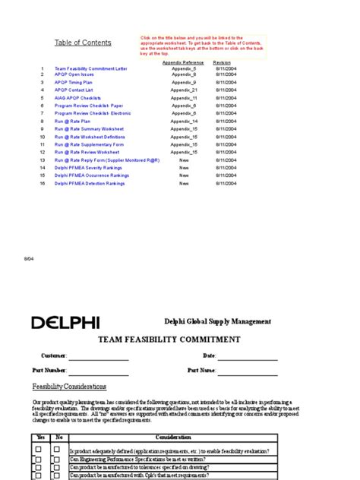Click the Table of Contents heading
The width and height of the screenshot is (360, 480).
coord(83,43)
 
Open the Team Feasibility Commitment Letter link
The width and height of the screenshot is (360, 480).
coord(91,68)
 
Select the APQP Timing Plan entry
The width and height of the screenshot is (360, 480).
coord(74,83)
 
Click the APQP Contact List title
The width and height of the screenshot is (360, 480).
coord(74,90)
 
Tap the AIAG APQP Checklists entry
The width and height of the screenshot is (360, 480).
coord(77,99)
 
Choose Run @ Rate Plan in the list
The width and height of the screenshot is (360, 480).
coord(73,122)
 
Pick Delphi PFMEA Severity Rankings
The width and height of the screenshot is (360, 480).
coord(87,168)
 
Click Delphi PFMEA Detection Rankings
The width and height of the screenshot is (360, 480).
coord(88,183)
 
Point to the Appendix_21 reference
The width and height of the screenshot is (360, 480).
coord(184,90)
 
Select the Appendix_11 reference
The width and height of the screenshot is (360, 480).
coord(184,99)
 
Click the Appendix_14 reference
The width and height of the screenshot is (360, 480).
coord(184,122)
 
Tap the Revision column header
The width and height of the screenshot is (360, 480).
coord(222,62)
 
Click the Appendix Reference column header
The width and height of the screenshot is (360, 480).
coord(183,62)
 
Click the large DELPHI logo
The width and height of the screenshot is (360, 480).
coord(65,323)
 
